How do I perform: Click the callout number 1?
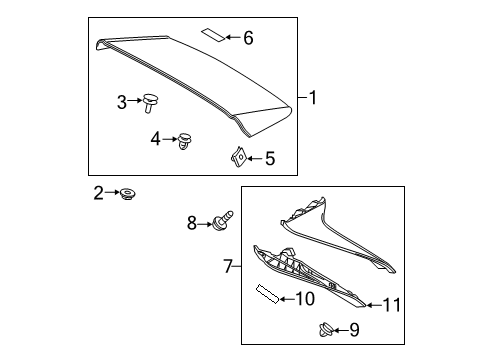[x=313, y=98]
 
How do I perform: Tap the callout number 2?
[x=98, y=192]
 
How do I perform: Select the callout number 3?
[x=122, y=101]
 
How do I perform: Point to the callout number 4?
[x=155, y=139]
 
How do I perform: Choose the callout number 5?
[x=268, y=157]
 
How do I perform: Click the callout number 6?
[x=248, y=38]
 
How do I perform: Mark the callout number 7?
[x=228, y=267]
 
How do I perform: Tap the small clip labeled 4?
[x=184, y=141]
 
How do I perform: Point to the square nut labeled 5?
[x=238, y=156]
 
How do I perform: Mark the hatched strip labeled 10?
[x=268, y=297]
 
